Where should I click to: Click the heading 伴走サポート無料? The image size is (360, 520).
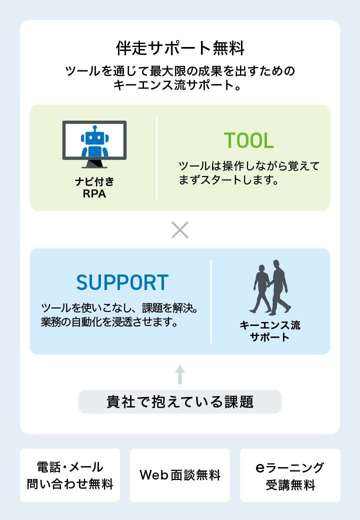pyautogui.click(x=180, y=48)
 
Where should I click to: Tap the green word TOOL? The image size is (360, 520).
pyautogui.click(x=248, y=140)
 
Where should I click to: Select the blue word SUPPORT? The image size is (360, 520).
pyautogui.click(x=122, y=282)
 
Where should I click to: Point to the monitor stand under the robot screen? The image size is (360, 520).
pyautogui.click(x=94, y=163)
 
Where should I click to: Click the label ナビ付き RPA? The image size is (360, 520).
pyautogui.click(x=94, y=187)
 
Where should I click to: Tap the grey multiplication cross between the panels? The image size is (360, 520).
pyautogui.click(x=180, y=229)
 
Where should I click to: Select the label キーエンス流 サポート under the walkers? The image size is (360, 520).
pyautogui.click(x=270, y=331)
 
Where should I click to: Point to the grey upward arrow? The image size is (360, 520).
pyautogui.click(x=180, y=374)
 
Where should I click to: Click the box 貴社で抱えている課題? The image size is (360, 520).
pyautogui.click(x=180, y=401)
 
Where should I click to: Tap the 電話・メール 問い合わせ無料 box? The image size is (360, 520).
pyautogui.click(x=70, y=475)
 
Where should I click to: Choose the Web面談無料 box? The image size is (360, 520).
pyautogui.click(x=180, y=475)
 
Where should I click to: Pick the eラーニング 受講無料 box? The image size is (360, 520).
pyautogui.click(x=290, y=475)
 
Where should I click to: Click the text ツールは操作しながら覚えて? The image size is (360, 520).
pyautogui.click(x=248, y=166)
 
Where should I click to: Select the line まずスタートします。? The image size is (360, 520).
pyautogui.click(x=228, y=180)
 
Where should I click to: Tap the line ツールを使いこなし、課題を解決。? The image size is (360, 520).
pyautogui.click(x=119, y=307)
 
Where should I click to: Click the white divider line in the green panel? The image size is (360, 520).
pyautogui.click(x=156, y=158)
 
